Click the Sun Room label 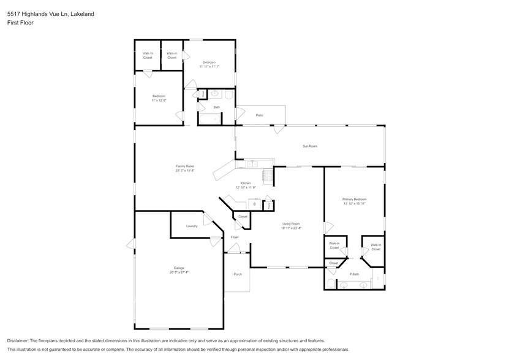coord(309,146)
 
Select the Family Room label coord(185,166)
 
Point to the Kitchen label coord(245,183)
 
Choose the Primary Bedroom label coord(354,199)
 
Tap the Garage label coord(179,268)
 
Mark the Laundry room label coord(192,227)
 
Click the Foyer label coord(235,236)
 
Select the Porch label coord(238,274)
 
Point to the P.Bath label coord(353,274)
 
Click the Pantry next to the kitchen coord(268,205)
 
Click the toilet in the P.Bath coord(331,283)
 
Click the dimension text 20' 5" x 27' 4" coord(179,272)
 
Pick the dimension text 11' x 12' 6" coord(159,100)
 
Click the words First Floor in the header coord(20,23)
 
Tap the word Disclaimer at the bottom coord(19,340)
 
